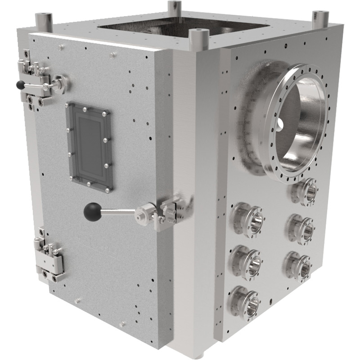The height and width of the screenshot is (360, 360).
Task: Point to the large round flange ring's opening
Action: pos(297,119)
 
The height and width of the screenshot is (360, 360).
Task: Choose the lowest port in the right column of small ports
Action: pos(299,264)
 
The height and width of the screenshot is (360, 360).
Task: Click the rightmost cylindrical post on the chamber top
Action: pos(320,19)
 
